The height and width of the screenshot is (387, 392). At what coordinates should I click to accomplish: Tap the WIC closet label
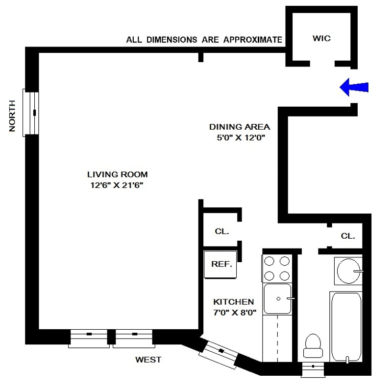(322, 39)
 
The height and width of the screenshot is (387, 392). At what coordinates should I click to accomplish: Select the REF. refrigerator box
(220, 264)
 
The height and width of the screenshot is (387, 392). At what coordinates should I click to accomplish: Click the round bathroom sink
(349, 271)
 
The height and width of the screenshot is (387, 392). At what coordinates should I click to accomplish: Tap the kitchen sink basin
(277, 298)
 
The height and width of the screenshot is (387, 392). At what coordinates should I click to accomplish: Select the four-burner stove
(276, 269)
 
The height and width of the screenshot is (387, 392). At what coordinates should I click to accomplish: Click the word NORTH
(13, 116)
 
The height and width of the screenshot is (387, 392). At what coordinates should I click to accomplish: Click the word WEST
(148, 360)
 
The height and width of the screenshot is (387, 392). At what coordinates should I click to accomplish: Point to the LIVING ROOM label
(117, 174)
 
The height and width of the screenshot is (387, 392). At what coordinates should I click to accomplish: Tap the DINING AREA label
(232, 127)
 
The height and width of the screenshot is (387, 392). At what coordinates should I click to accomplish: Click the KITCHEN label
(233, 302)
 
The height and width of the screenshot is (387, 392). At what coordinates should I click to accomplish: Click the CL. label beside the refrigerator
(222, 231)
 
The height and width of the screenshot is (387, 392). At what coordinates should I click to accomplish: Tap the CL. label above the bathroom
(348, 236)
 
